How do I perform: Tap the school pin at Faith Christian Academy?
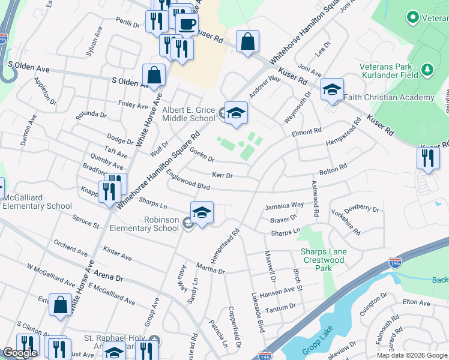pos(332,90)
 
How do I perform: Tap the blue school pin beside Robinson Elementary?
pos(202,212)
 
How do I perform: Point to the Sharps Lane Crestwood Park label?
pos(324,260)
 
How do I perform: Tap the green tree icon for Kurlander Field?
pos(427,70)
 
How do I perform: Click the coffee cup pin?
pos(187,23)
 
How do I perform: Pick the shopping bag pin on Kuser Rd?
pos(247,42)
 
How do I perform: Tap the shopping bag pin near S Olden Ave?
pos(154,76)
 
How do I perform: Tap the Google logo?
pos(20,353)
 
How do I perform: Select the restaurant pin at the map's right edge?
pos(427,158)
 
